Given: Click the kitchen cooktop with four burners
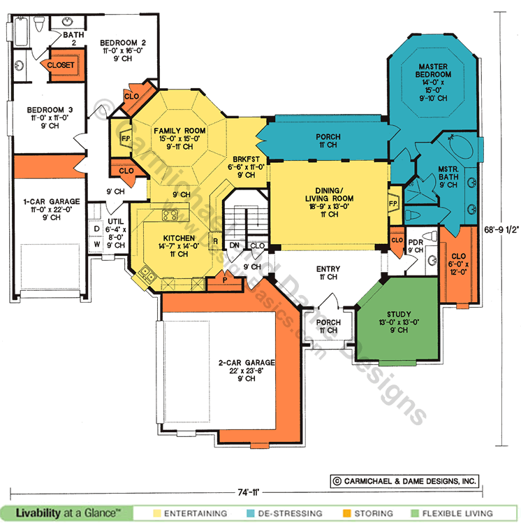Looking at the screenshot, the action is point(170,215).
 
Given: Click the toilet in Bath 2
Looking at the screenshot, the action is point(39,24).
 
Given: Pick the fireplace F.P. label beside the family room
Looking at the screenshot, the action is point(126,138).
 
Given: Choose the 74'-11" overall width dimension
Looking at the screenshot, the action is point(248,493).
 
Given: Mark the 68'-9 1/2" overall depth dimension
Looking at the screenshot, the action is point(501,230).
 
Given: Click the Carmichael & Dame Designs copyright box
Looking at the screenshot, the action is point(404,481).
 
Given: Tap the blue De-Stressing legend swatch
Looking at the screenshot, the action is point(251,513).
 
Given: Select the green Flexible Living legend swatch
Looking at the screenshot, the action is point(414,513).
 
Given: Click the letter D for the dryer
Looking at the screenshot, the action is point(96,229).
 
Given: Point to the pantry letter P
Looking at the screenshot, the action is point(225,280).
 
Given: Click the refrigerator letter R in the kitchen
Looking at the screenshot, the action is point(216,241).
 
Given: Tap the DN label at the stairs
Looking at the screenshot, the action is point(234,245).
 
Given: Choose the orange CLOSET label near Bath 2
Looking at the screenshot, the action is point(61,65).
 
